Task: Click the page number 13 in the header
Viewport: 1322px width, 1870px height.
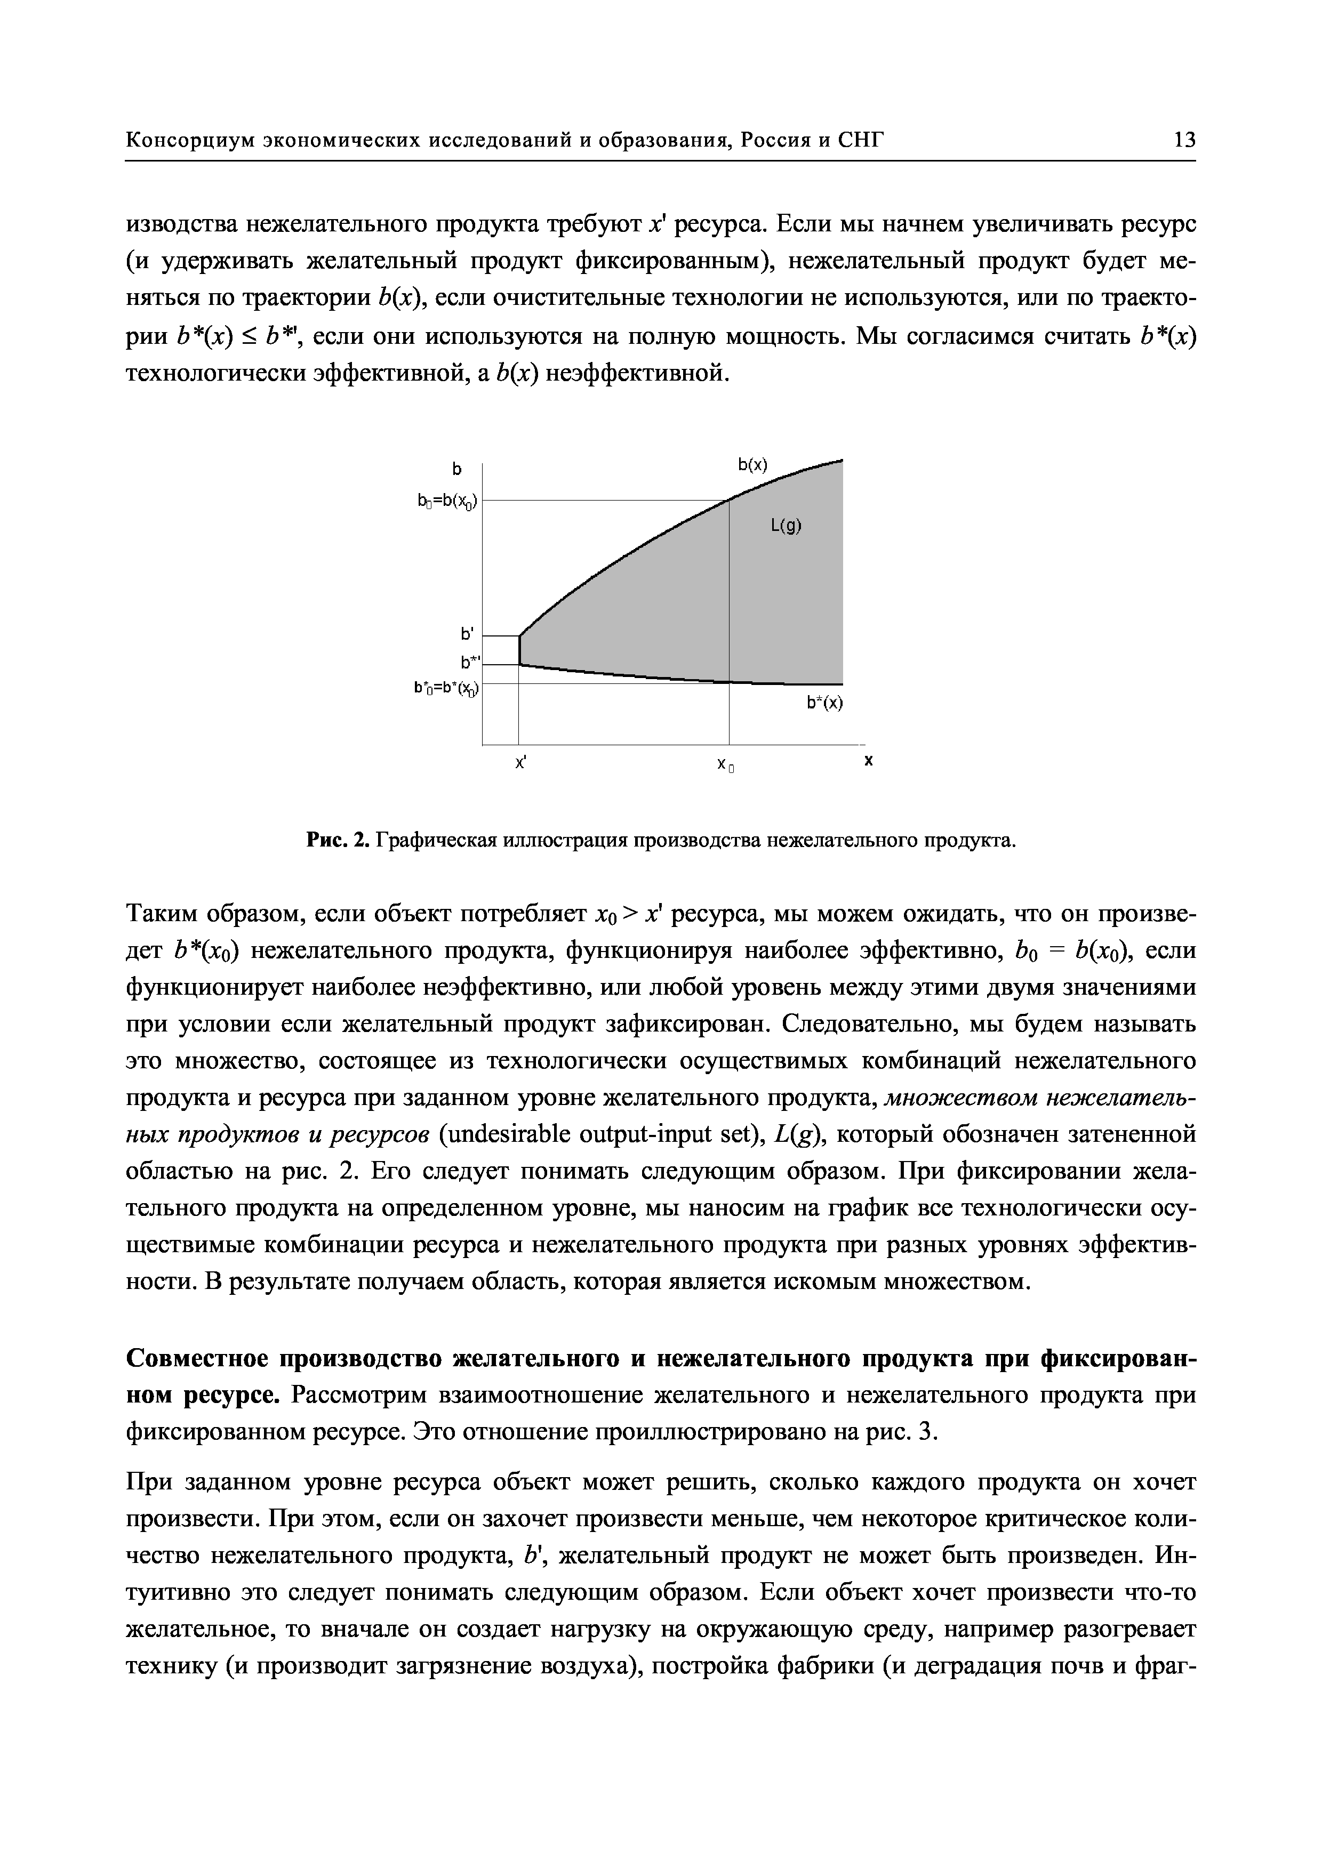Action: point(1183,140)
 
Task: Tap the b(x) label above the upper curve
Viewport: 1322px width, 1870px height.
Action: point(752,465)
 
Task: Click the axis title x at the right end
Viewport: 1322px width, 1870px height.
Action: point(868,761)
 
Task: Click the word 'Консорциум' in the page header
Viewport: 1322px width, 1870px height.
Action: point(189,140)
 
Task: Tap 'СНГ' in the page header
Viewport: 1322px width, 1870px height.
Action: point(860,140)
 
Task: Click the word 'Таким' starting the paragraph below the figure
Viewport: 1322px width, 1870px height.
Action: point(159,915)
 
